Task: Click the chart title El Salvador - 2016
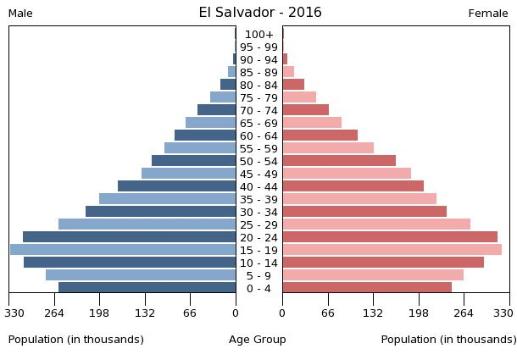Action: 260,13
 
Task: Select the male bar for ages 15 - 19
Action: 123,250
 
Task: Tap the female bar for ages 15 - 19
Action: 392,250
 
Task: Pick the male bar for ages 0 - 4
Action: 147,288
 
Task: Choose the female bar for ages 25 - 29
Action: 376,224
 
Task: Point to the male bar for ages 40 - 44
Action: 176,186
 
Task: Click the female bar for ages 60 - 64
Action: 320,136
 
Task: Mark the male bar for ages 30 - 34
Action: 160,212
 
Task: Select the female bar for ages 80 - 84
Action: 293,85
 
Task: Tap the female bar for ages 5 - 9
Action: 373,275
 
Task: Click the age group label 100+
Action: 258,35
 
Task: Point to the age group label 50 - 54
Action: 258,162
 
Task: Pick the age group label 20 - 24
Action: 258,238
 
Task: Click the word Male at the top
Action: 20,14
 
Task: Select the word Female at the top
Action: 488,14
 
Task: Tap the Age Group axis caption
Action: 258,340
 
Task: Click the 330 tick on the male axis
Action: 14,313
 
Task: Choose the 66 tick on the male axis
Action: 190,313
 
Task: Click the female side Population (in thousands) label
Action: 448,340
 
